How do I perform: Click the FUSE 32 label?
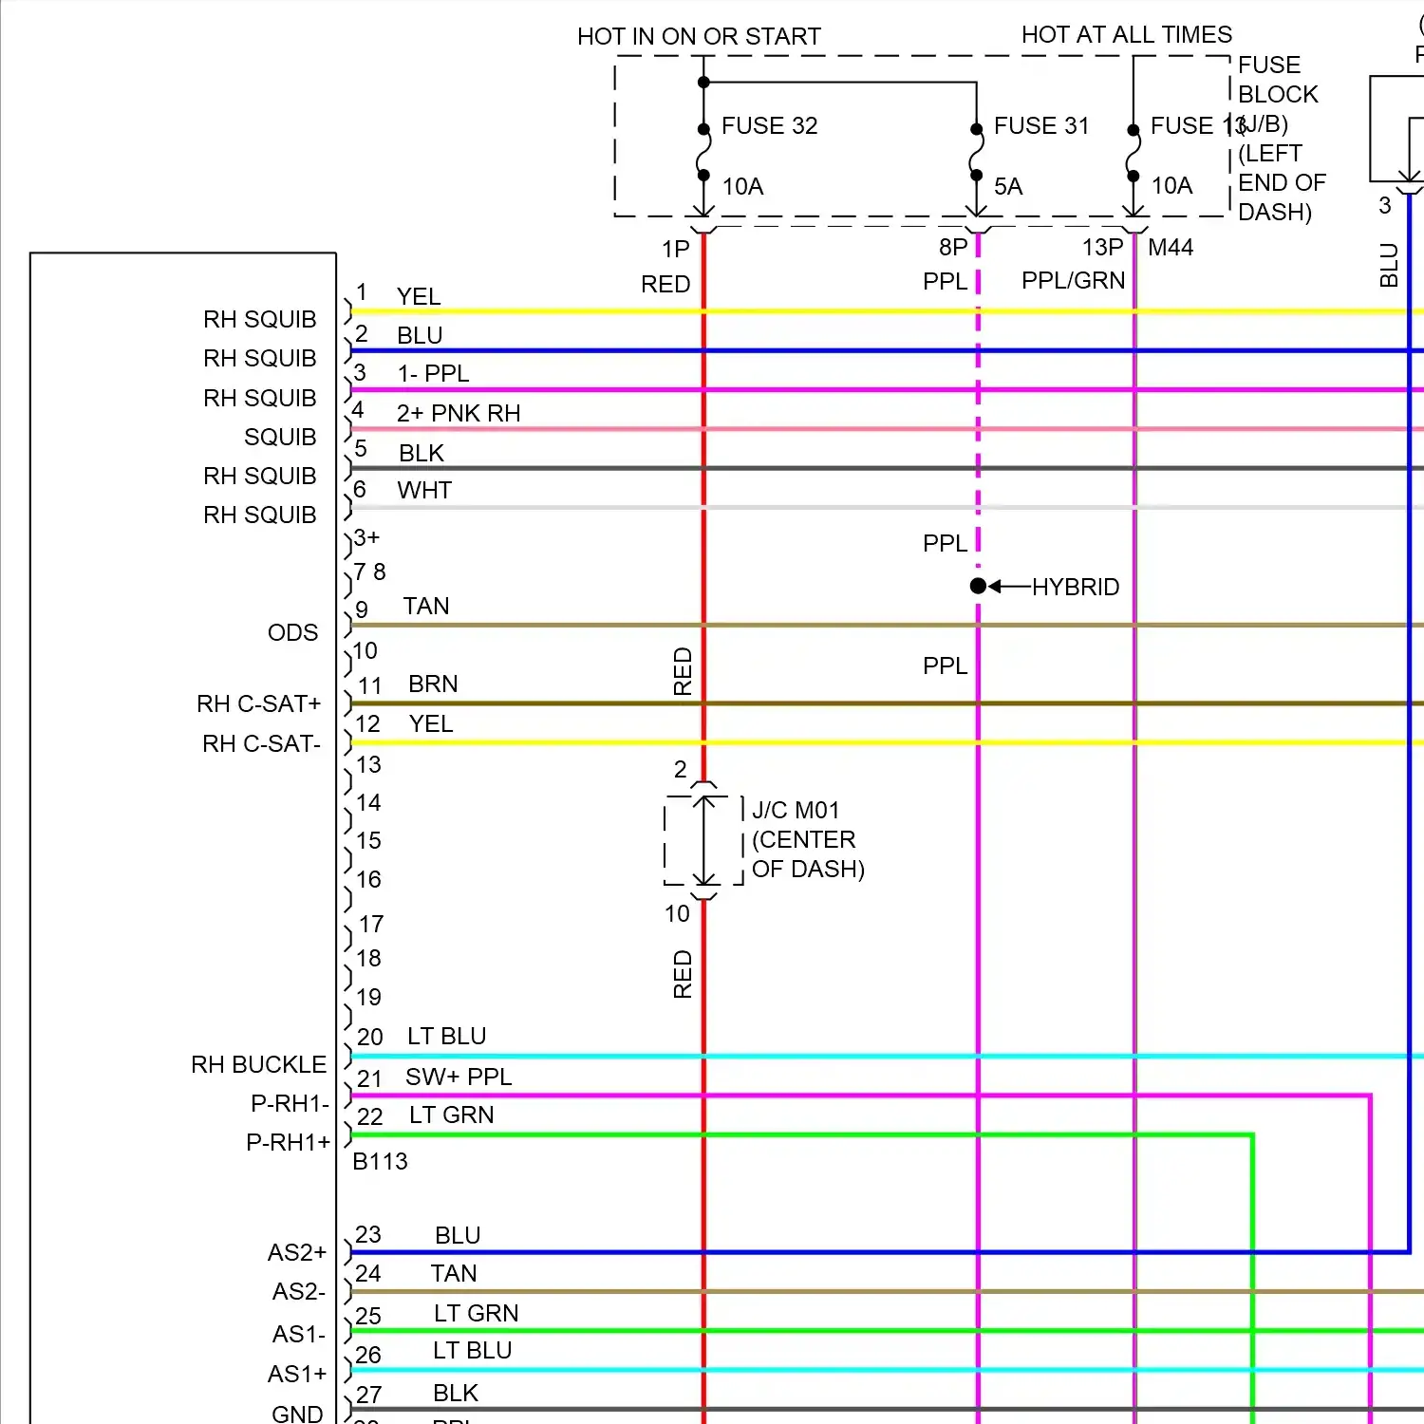click(x=769, y=126)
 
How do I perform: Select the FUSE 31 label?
click(x=1040, y=126)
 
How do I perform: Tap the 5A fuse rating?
click(x=1008, y=187)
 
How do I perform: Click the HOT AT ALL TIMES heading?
click(x=1126, y=35)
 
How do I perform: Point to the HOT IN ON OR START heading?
click(x=699, y=37)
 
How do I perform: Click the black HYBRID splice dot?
click(x=978, y=587)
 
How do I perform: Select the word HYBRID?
click(x=1076, y=588)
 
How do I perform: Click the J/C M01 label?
click(x=796, y=811)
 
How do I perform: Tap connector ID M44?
click(x=1171, y=248)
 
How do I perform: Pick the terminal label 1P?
click(x=676, y=250)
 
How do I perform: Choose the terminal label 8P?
click(x=953, y=248)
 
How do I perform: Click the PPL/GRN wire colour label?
click(x=1073, y=281)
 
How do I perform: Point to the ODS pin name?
click(x=292, y=633)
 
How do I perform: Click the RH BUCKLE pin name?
click(x=258, y=1065)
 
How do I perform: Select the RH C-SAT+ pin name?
click(x=258, y=704)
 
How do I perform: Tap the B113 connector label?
click(x=380, y=1162)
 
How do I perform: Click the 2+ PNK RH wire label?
click(x=459, y=414)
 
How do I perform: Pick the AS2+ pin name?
click(x=296, y=1253)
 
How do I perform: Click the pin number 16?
click(x=368, y=880)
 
